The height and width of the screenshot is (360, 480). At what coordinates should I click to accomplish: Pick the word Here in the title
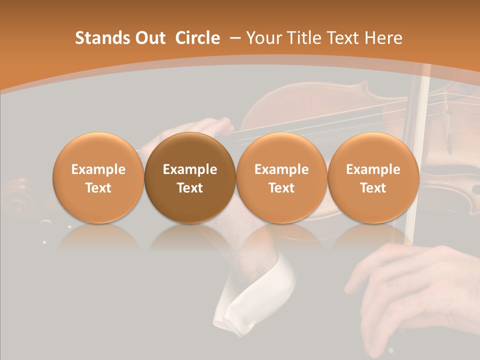tap(383, 38)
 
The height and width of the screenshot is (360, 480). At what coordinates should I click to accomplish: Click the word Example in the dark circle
tap(190, 169)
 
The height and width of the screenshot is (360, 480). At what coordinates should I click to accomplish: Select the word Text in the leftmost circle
tap(98, 188)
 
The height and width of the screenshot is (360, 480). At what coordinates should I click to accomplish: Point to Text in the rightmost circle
tap(373, 188)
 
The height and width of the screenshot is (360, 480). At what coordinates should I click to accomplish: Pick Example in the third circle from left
tap(281, 169)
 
